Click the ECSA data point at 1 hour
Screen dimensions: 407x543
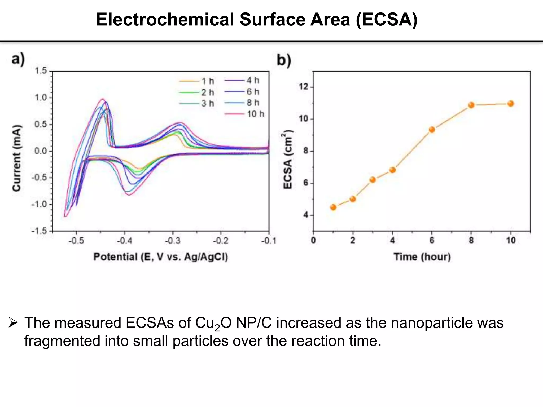333,207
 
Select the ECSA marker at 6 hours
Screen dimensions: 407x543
432,130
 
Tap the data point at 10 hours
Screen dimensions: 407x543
511,104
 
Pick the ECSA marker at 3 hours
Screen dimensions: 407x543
373,180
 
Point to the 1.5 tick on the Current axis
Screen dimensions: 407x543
41,71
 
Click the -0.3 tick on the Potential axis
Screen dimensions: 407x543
173,241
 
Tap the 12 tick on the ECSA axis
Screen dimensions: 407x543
304,87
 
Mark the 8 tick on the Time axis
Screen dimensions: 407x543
471,241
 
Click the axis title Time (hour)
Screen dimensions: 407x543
422,257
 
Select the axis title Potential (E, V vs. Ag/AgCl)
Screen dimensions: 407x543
161,257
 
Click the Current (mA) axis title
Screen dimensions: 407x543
16,158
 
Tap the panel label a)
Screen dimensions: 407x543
18,59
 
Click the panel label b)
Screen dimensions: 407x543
284,60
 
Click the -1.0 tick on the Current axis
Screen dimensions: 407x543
39,204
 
